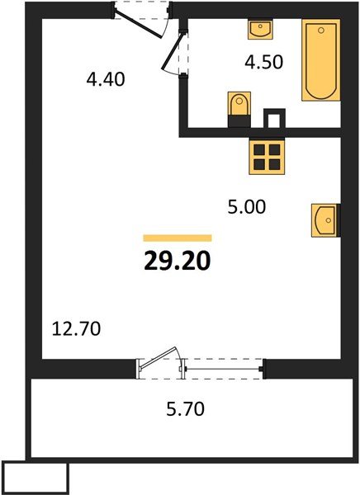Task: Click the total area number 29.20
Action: (x=178, y=262)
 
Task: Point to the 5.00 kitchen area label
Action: (x=247, y=207)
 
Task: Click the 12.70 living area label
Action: (x=76, y=330)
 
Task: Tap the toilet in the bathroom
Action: (x=239, y=105)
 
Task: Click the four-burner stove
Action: (x=267, y=155)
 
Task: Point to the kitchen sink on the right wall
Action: (x=325, y=219)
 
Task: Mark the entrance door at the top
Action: (x=138, y=22)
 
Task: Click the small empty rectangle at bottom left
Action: (x=35, y=476)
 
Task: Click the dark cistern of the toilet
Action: (x=239, y=120)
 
